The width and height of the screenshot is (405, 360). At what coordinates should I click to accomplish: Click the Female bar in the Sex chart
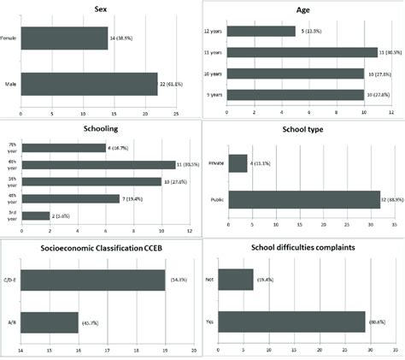click(x=64, y=38)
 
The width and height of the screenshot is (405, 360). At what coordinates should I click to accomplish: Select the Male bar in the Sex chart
click(x=89, y=83)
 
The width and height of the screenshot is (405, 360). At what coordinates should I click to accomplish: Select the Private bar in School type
click(x=237, y=162)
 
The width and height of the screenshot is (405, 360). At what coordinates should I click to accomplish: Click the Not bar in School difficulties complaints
click(x=236, y=280)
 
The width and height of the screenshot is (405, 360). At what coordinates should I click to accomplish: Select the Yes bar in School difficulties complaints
click(x=291, y=323)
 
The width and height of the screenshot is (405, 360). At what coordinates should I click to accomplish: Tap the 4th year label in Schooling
click(x=11, y=199)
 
